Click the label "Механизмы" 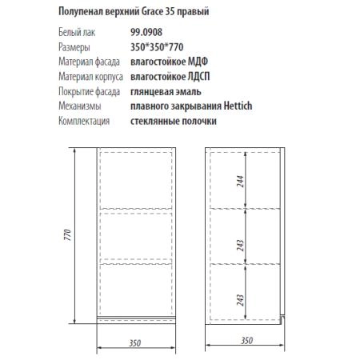(x=81, y=106)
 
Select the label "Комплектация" (x=85, y=121)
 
